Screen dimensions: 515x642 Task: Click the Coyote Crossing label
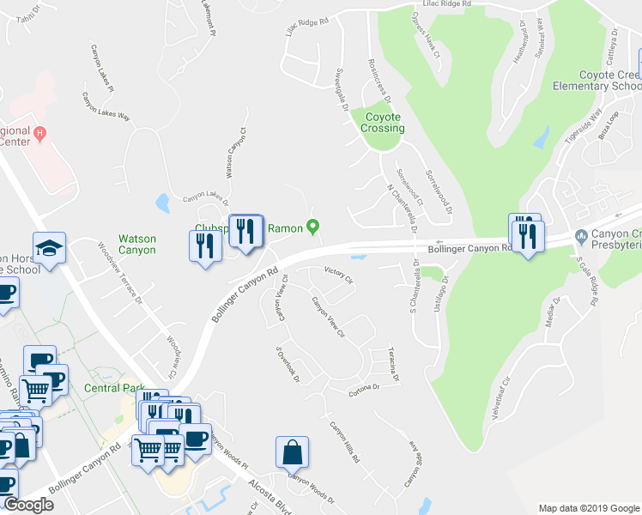coord(384,123)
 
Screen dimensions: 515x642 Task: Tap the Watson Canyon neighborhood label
coord(136,244)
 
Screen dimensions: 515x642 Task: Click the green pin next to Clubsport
coord(313,227)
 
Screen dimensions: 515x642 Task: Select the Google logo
coord(28,505)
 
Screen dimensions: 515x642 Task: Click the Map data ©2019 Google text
coord(588,508)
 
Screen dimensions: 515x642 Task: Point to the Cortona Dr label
coord(363,387)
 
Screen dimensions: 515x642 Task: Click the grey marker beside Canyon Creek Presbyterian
coord(581,235)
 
